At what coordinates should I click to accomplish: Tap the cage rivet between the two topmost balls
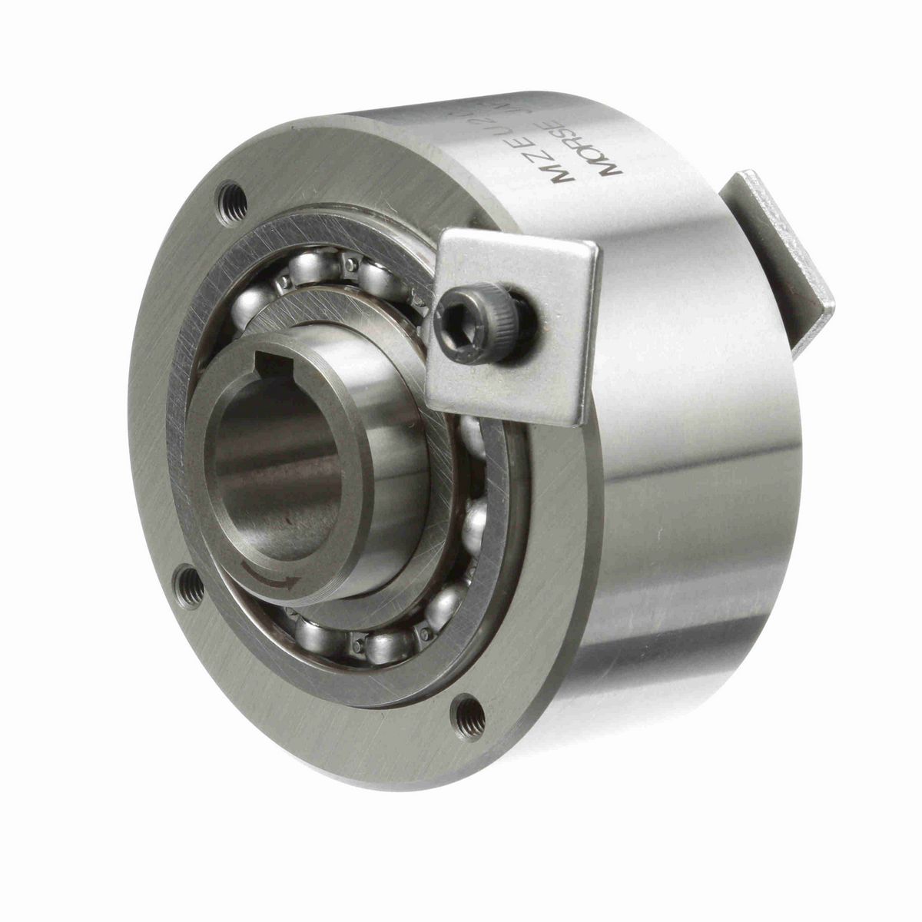click(350, 265)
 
